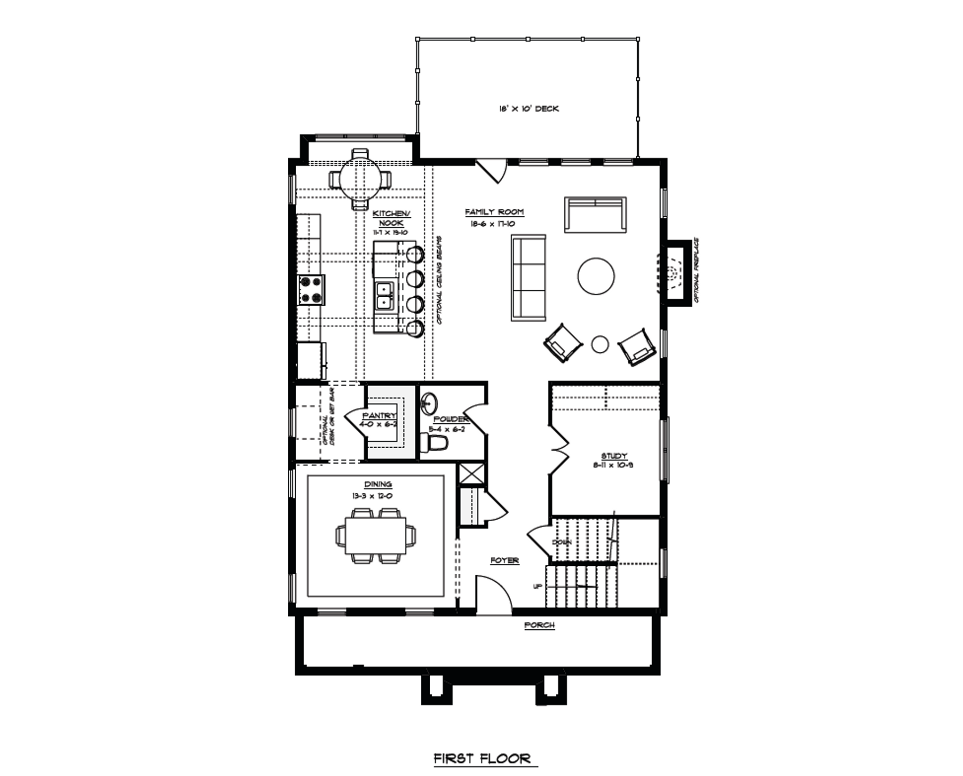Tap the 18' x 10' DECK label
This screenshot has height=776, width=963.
click(529, 109)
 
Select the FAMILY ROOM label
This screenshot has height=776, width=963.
click(494, 212)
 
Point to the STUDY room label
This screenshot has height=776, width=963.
click(614, 456)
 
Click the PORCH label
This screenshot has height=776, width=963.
click(539, 625)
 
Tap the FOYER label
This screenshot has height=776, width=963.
click(504, 560)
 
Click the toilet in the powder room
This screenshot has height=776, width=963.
click(434, 442)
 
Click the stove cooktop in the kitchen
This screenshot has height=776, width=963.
click(311, 290)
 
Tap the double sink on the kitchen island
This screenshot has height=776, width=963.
click(385, 295)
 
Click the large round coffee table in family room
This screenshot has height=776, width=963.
click(595, 276)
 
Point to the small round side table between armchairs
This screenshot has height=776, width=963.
click(600, 344)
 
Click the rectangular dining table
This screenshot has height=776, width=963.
click(375, 536)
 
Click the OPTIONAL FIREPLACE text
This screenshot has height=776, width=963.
click(696, 270)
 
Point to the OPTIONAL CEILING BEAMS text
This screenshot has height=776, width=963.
click(440, 279)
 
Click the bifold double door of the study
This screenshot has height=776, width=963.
click(560, 448)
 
